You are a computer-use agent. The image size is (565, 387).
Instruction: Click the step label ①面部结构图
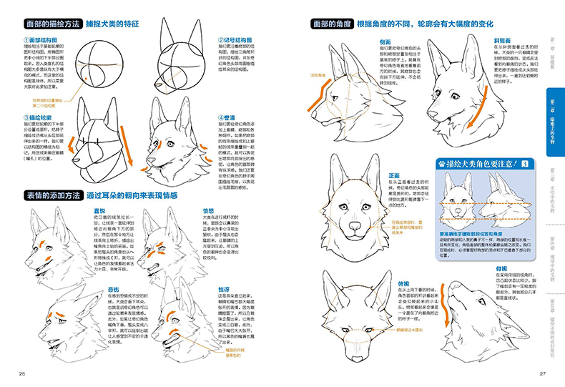tap(41, 41)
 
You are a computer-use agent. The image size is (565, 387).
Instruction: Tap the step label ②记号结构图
tap(234, 41)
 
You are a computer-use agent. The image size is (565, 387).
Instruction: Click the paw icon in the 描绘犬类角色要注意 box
tap(442, 165)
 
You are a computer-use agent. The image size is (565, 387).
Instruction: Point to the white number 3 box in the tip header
tap(526, 164)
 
